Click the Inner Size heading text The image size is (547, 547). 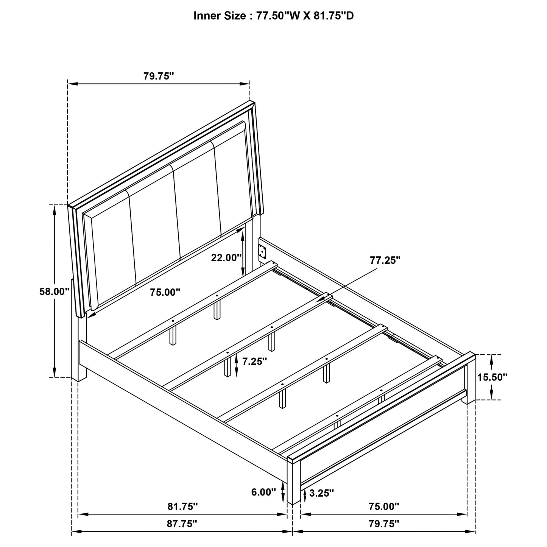[273, 16]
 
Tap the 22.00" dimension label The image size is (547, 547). [226, 258]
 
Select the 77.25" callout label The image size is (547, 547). [385, 260]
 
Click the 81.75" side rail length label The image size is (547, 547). [182, 506]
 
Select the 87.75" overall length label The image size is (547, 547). [182, 524]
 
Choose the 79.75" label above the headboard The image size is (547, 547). [159, 76]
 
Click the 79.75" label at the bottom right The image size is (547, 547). [384, 524]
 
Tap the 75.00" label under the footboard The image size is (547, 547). [384, 506]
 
